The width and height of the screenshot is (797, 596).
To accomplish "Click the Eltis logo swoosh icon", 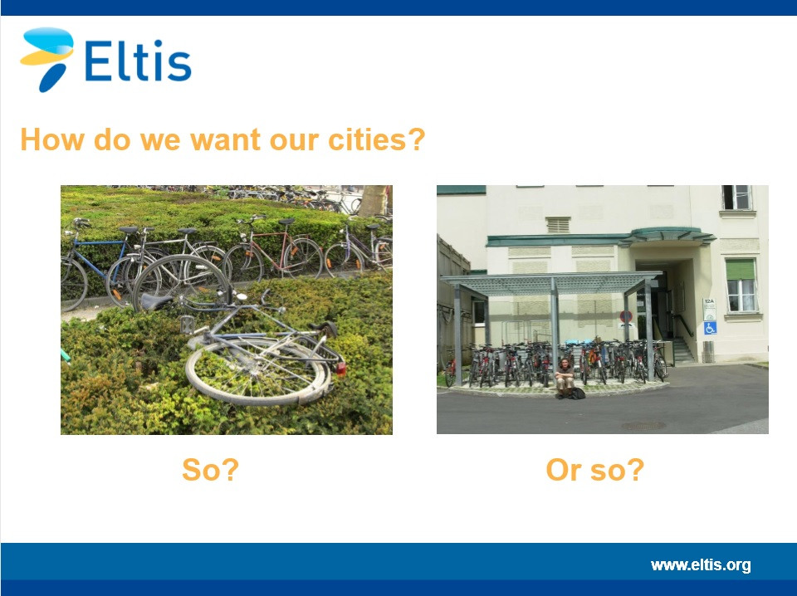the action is (x=46, y=58).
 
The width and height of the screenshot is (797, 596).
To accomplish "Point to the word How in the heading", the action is (x=51, y=139).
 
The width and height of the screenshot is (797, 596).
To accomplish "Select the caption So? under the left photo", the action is (x=210, y=470).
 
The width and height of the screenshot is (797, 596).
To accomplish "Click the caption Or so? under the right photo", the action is (x=594, y=470).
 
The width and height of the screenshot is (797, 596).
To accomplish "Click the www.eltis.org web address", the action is (x=701, y=565).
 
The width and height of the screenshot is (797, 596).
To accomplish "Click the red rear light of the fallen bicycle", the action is (x=340, y=369).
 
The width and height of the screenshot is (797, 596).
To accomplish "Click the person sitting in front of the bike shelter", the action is (x=565, y=378).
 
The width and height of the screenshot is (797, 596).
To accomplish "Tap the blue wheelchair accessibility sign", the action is (x=710, y=328).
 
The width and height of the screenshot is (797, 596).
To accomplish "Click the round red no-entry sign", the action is (x=626, y=317).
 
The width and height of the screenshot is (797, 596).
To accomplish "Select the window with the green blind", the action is (x=741, y=285).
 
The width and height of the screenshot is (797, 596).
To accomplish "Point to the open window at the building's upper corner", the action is (x=736, y=197).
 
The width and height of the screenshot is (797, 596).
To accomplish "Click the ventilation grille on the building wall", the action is (x=558, y=225).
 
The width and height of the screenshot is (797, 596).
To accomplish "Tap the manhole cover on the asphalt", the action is (x=643, y=425).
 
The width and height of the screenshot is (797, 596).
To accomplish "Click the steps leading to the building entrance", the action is (x=682, y=350).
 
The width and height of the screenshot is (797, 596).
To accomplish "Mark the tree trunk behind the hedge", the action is (x=374, y=201).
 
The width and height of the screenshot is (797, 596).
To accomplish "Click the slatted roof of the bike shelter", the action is (x=550, y=284).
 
